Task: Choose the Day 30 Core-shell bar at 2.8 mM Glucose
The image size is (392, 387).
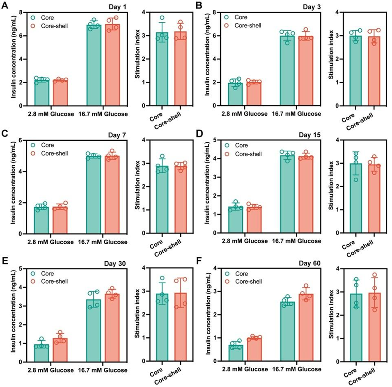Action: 60,350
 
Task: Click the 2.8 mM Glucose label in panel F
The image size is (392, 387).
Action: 246,370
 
